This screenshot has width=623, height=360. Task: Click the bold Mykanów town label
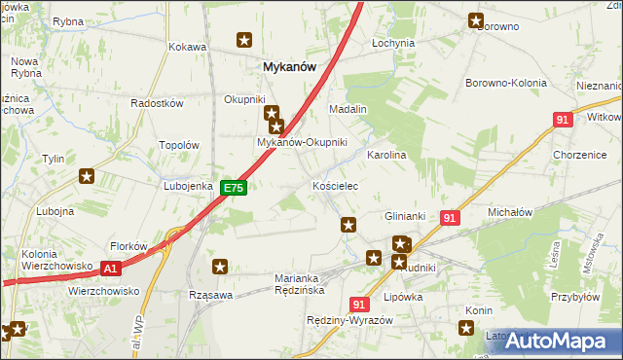tap(292, 67)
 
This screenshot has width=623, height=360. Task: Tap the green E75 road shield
tap(233, 188)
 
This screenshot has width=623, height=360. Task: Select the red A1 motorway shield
tap(111, 269)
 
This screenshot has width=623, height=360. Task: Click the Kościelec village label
tap(335, 185)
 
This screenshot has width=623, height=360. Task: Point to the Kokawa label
tap(188, 47)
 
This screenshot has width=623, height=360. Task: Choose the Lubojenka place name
tap(188, 185)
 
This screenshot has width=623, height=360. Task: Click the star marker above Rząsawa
tap(221, 266)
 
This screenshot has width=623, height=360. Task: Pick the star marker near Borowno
tap(476, 18)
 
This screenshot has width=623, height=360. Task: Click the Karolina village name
tap(385, 155)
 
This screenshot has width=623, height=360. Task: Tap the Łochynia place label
tap(393, 44)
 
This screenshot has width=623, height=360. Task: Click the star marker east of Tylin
tap(87, 176)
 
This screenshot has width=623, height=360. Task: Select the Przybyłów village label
tap(573, 299)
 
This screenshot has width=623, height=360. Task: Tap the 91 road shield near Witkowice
tap(562, 119)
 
